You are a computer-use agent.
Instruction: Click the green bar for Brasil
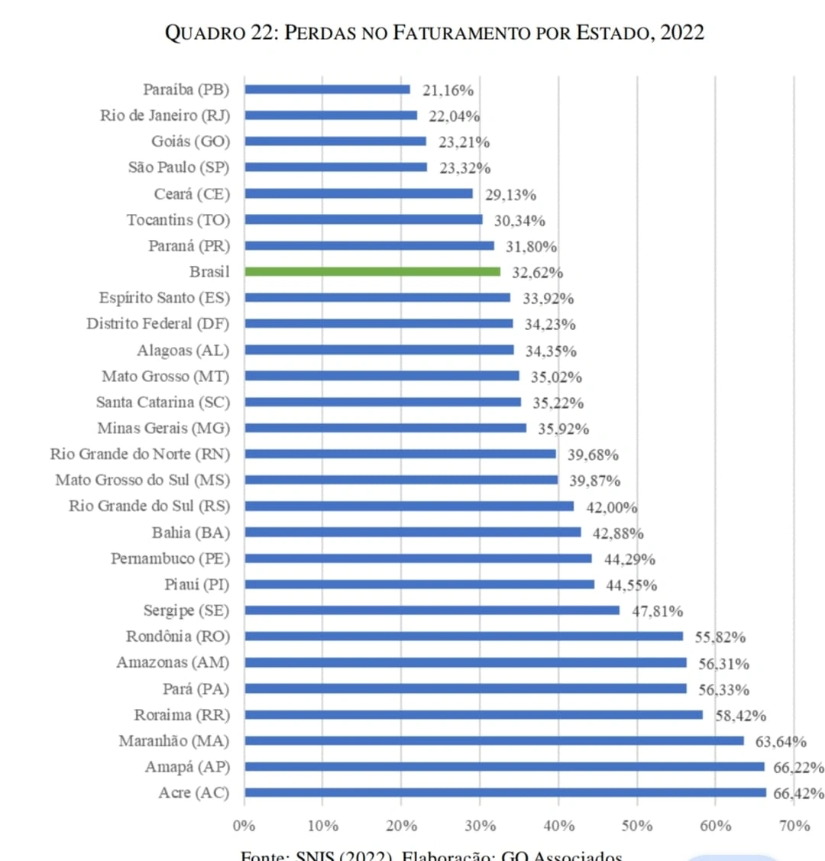(372, 272)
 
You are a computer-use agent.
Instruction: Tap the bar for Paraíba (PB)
(327, 89)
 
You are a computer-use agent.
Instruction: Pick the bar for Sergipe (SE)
(432, 610)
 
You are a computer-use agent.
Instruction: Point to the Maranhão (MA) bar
(493, 741)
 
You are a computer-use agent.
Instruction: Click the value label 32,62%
(537, 273)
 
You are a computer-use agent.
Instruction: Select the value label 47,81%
(657, 611)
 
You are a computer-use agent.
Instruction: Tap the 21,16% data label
(448, 90)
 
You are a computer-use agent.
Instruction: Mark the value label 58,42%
(740, 716)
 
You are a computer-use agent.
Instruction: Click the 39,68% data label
(593, 455)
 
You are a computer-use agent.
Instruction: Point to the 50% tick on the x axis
(637, 826)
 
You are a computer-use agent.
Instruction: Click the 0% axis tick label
(244, 826)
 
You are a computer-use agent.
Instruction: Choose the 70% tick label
(794, 826)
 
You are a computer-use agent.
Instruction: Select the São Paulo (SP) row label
(179, 167)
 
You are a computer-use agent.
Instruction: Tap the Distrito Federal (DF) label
(157, 324)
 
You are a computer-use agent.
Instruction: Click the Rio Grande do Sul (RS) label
(149, 507)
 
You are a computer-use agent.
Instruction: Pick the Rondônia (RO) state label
(178, 636)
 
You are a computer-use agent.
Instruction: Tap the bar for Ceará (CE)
(358, 194)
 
